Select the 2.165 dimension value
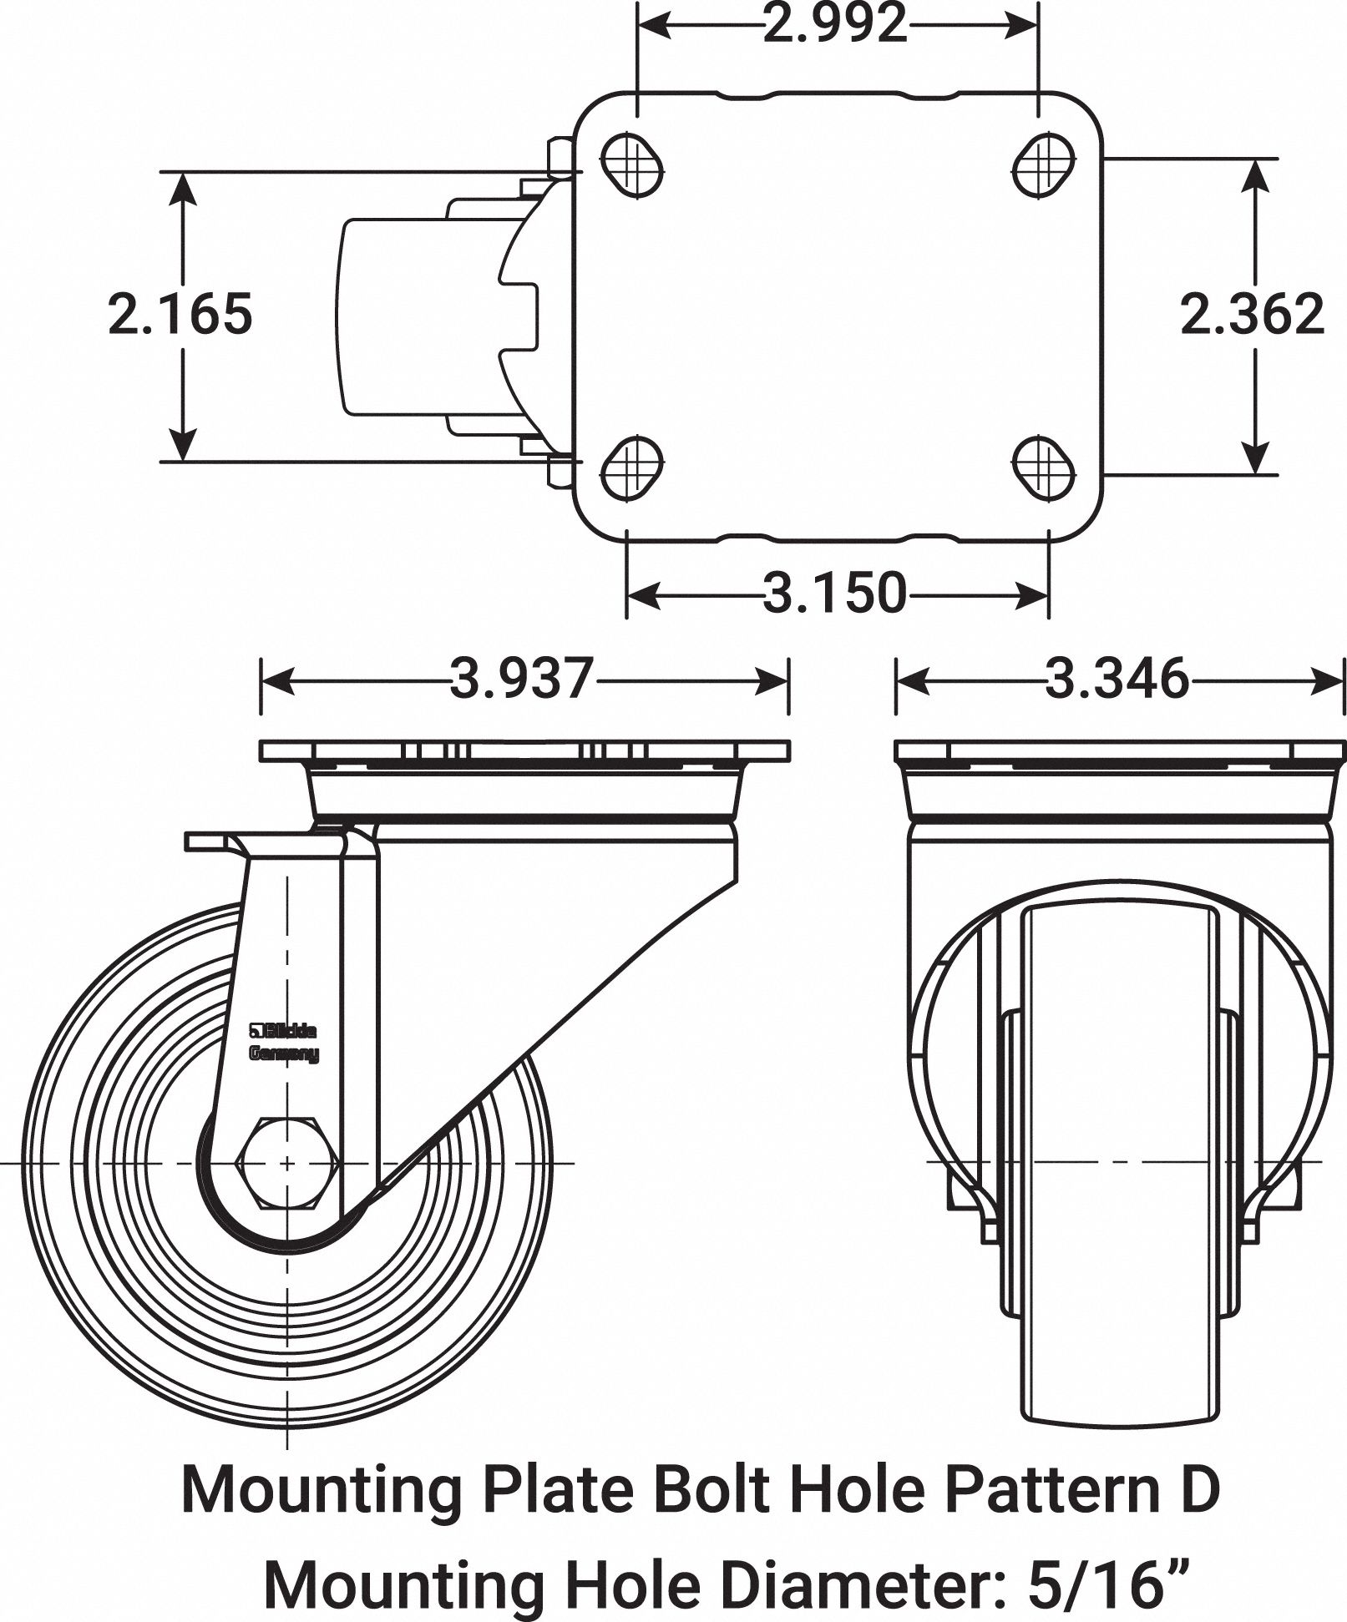180,315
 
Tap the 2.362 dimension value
1252,315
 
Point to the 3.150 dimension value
835,593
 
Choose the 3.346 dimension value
1117,678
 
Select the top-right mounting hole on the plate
1044,164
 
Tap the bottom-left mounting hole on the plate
632,467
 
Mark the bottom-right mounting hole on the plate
1044,467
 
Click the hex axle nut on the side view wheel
287,1162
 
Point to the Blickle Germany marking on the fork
284,1043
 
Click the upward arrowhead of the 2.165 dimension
182,189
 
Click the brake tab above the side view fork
213,841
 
